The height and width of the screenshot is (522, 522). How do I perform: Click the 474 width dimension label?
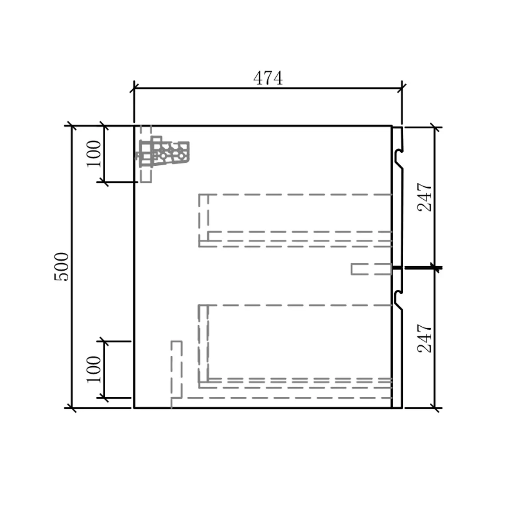(268, 78)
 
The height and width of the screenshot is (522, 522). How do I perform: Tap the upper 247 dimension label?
(425, 197)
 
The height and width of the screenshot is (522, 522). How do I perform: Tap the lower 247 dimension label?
(425, 338)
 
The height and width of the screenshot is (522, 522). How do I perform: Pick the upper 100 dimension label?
(94, 154)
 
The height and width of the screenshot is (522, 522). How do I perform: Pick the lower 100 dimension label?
(94, 369)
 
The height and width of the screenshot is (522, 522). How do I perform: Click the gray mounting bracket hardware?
(164, 153)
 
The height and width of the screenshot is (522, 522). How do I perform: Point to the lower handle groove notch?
(398, 299)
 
